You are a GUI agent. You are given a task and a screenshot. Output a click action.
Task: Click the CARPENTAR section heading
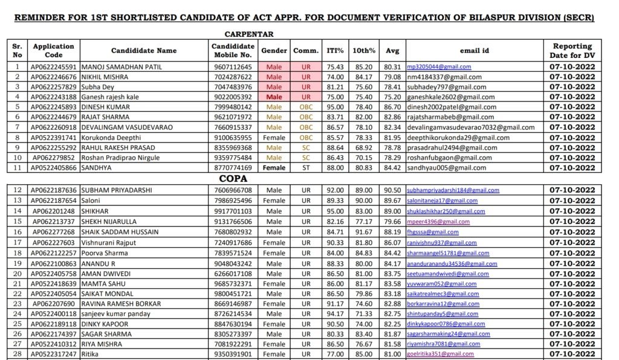[x=249, y=34]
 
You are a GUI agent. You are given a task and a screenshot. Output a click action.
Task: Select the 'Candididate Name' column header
[x=144, y=51]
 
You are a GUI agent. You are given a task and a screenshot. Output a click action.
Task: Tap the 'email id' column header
[x=475, y=51]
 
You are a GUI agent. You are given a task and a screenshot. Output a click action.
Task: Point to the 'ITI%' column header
[x=335, y=51]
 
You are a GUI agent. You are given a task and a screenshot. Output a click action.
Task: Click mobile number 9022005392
[x=232, y=97]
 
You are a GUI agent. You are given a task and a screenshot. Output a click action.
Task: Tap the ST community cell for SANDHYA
[x=306, y=168]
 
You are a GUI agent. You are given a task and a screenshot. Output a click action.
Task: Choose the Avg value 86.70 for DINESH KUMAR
[x=392, y=107]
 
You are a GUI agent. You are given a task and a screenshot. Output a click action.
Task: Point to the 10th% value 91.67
[x=363, y=232]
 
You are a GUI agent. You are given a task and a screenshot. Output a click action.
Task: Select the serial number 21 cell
[x=17, y=283]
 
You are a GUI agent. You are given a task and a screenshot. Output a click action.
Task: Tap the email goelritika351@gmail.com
[x=440, y=354]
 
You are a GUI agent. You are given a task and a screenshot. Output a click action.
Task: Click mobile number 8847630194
[x=232, y=324]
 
